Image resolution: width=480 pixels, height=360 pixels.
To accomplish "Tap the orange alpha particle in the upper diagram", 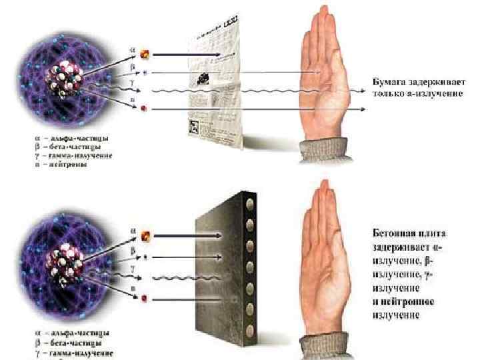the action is (x=143, y=51).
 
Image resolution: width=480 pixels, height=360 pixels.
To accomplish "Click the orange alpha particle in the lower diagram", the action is (x=146, y=235).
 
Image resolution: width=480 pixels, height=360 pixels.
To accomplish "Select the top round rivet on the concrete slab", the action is (x=251, y=201).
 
